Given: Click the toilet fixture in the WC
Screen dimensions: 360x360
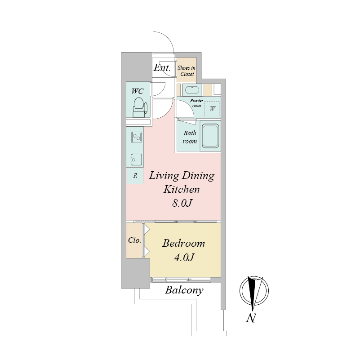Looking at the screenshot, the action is [140, 108].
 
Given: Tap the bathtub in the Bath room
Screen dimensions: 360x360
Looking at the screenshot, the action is [210, 136].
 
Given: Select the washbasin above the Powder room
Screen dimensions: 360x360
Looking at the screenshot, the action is [192, 90].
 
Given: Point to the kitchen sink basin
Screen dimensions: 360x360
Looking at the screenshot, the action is [136, 159].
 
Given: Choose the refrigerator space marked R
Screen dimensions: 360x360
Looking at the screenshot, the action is [135, 176].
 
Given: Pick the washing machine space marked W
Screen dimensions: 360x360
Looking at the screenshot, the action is [212, 109].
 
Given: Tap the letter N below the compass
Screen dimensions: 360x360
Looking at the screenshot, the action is [251, 318].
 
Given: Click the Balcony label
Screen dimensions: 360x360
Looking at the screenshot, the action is [184, 290].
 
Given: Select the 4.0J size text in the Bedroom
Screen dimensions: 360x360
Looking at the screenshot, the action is [184, 258].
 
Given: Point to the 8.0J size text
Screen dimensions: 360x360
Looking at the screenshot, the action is [182, 203].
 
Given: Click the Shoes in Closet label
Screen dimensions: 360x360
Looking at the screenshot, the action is [187, 71].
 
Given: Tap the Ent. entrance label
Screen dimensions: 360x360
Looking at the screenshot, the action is [162, 68].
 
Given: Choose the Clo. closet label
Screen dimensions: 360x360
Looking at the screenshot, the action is [134, 240].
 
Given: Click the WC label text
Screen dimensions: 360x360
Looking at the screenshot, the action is [138, 91].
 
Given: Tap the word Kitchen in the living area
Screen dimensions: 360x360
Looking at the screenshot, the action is [182, 190].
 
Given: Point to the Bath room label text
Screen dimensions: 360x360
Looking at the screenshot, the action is [190, 137].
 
